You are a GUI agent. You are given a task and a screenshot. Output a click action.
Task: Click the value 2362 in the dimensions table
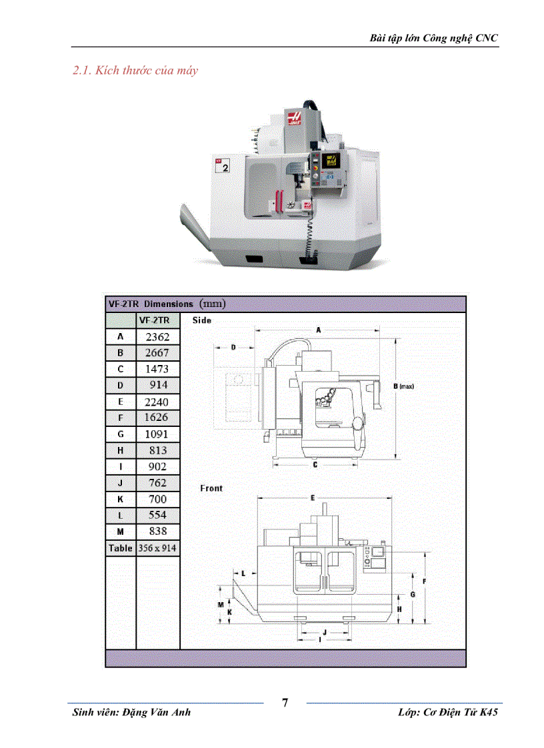[x=157, y=337]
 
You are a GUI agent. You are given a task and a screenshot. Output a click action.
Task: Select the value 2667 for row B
[x=157, y=353]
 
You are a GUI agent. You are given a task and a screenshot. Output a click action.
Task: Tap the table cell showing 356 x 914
[x=158, y=548]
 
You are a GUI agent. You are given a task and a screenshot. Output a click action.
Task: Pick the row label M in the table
[x=121, y=532]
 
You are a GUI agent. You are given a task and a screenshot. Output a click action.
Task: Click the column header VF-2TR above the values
[x=157, y=320]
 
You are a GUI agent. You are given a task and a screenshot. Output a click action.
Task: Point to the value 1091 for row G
[x=157, y=434]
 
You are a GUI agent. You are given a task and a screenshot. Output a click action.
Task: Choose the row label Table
[x=121, y=548]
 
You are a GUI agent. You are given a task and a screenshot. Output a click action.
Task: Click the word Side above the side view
[x=202, y=320]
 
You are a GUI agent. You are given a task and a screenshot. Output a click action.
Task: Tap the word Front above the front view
[x=211, y=488]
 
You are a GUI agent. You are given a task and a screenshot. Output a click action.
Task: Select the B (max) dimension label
[x=404, y=386]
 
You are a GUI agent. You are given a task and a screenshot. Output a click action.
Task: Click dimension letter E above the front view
[x=313, y=498]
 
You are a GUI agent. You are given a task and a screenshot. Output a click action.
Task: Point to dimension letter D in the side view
[x=234, y=347]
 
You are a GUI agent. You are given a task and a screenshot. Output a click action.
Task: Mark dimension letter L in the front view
[x=243, y=573]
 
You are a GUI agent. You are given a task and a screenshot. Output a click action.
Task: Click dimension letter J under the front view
[x=324, y=631]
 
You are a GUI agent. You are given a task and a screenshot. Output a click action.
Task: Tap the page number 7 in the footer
[x=285, y=703]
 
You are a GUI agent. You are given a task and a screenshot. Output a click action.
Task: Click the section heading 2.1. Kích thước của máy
[x=135, y=70]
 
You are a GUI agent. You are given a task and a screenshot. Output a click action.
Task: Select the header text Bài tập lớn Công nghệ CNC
[x=433, y=38]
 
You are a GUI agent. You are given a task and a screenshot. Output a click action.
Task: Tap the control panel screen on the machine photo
[x=330, y=161]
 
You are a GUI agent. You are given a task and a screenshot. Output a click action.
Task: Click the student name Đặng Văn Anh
[x=157, y=712]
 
